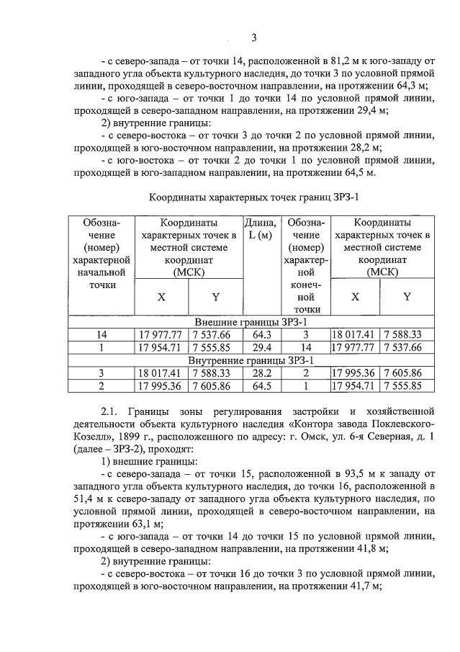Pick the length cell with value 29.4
[x=261, y=347]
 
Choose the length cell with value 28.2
[x=261, y=372]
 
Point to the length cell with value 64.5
[x=261, y=385]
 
